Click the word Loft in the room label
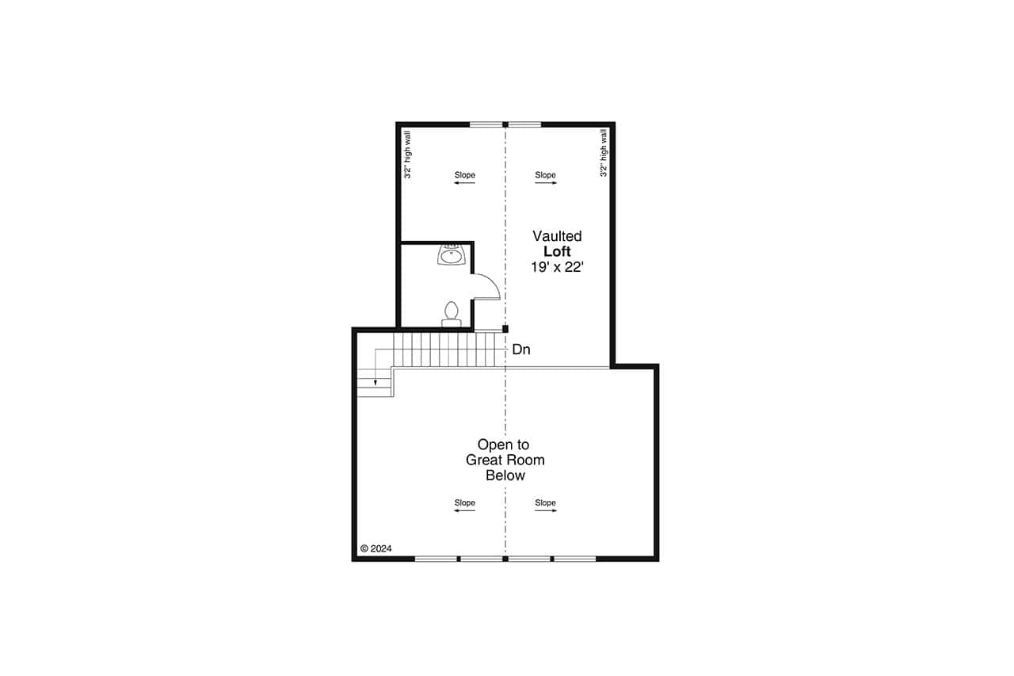pyautogui.click(x=556, y=252)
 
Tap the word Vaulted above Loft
pyautogui.click(x=556, y=236)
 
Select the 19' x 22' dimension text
pyautogui.click(x=556, y=268)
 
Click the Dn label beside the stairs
pyautogui.click(x=521, y=349)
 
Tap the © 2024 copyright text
pyautogui.click(x=376, y=548)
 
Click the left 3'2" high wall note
pyautogui.click(x=407, y=154)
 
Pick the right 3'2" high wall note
pyautogui.click(x=604, y=154)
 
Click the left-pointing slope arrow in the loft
pyautogui.click(x=464, y=183)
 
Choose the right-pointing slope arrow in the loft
pyautogui.click(x=546, y=183)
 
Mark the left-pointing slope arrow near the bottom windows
pyautogui.click(x=464, y=511)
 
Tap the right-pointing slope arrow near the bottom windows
pyautogui.click(x=546, y=511)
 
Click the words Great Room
pyautogui.click(x=505, y=460)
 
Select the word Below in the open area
pyautogui.click(x=505, y=475)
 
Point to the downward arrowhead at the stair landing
pyautogui.click(x=376, y=383)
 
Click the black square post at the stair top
pyautogui.click(x=505, y=328)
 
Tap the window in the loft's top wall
pyautogui.click(x=505, y=124)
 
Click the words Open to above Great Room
pyautogui.click(x=503, y=445)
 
